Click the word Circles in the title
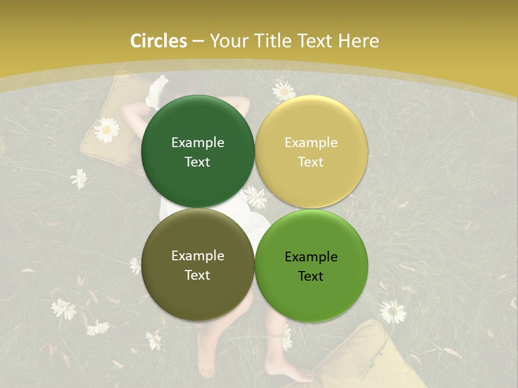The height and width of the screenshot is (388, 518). pos(158,41)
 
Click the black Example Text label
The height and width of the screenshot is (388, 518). pos(311,266)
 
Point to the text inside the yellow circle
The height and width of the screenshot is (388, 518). pos(311,152)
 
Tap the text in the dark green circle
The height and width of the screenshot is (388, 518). pos(197,152)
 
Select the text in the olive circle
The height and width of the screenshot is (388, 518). pos(197,265)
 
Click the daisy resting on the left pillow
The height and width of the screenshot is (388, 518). pos(106,130)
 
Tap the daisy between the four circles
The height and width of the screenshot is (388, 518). pos(256,198)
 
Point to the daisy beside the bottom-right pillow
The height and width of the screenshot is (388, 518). pos(392,311)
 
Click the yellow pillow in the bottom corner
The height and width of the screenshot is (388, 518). pos(367,356)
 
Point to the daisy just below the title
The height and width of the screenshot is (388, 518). pos(283,91)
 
